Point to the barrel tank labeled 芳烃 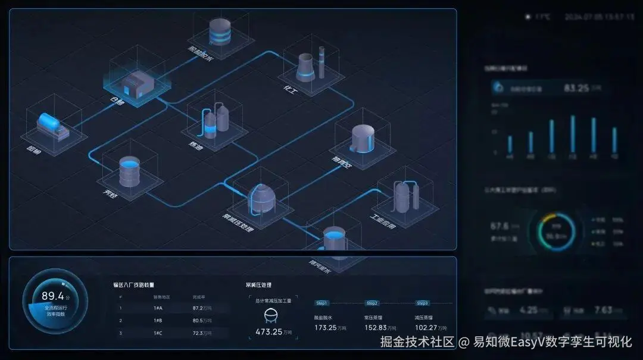(x=129, y=171)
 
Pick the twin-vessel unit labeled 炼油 (x=216, y=119)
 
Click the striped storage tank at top (x=220, y=32)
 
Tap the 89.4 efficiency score (x=52, y=296)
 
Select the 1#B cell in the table (x=158, y=321)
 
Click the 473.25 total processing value (x=269, y=331)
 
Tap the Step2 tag (x=372, y=303)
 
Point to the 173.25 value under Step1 (x=326, y=328)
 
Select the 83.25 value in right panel (x=576, y=88)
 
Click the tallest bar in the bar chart (x=573, y=134)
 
